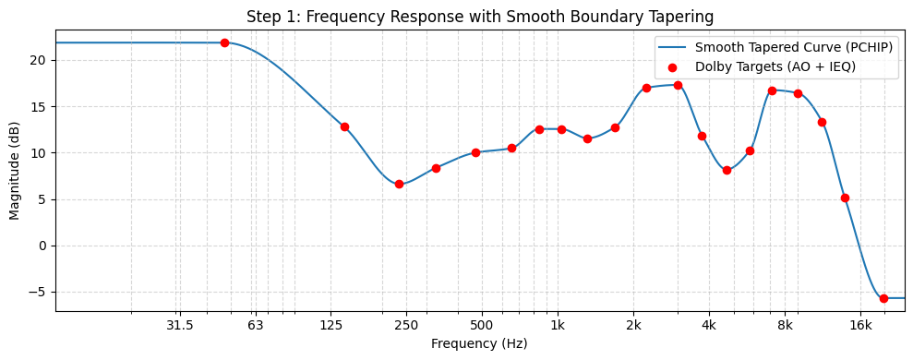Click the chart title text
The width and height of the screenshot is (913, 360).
coord(480,17)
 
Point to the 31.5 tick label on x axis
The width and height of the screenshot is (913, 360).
coord(179,324)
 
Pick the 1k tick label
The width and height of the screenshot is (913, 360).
coord(558,324)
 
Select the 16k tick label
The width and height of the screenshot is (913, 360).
coord(860,324)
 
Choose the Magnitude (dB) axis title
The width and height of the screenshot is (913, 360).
coord(15,172)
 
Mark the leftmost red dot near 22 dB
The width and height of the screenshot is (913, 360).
coord(224,42)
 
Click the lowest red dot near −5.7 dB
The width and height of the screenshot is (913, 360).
coord(883,298)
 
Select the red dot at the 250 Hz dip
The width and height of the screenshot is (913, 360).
coord(399,184)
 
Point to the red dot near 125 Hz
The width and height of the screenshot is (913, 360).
coord(344,127)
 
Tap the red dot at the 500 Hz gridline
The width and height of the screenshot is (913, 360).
coord(475,152)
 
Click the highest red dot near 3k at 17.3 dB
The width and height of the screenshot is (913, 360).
coord(678,85)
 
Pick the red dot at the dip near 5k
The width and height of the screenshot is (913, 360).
coord(727,170)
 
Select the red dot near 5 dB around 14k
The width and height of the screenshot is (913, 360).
coord(845,198)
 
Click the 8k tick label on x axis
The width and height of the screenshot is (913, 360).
coord(785,324)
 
